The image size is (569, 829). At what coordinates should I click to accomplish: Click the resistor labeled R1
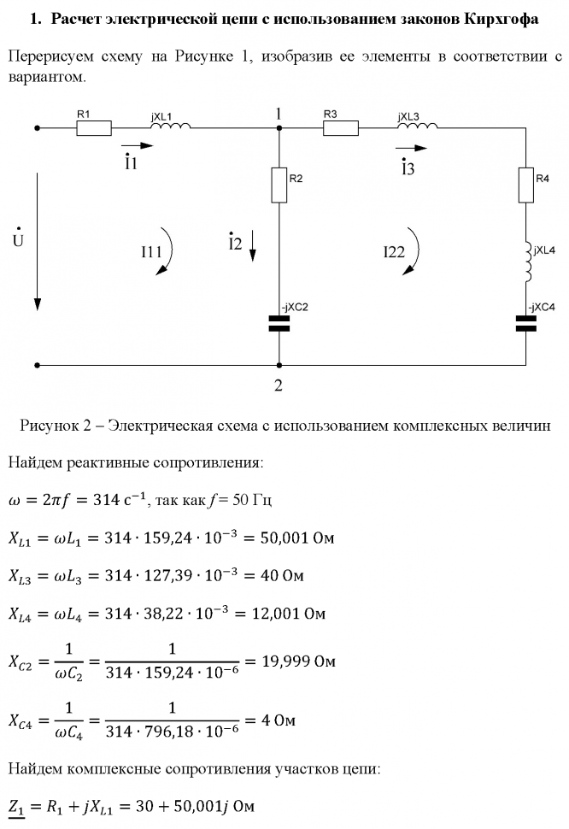tap(94, 128)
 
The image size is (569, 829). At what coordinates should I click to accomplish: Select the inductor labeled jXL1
tap(170, 126)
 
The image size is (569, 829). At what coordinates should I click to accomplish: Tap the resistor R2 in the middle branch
tap(279, 185)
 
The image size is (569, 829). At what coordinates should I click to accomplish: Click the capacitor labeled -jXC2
tap(279, 322)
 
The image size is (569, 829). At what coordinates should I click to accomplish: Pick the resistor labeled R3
tap(340, 128)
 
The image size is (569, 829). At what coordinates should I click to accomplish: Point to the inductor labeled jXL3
tap(418, 126)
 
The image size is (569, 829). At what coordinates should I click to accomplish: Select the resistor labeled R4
tap(525, 185)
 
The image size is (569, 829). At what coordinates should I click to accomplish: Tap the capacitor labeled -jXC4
tap(525, 322)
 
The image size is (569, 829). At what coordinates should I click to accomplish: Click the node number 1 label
tap(279, 114)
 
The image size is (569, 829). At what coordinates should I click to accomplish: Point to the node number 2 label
tap(279, 385)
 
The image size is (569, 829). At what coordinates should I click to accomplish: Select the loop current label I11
tap(152, 251)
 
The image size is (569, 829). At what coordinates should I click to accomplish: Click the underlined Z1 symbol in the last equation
tap(15, 806)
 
